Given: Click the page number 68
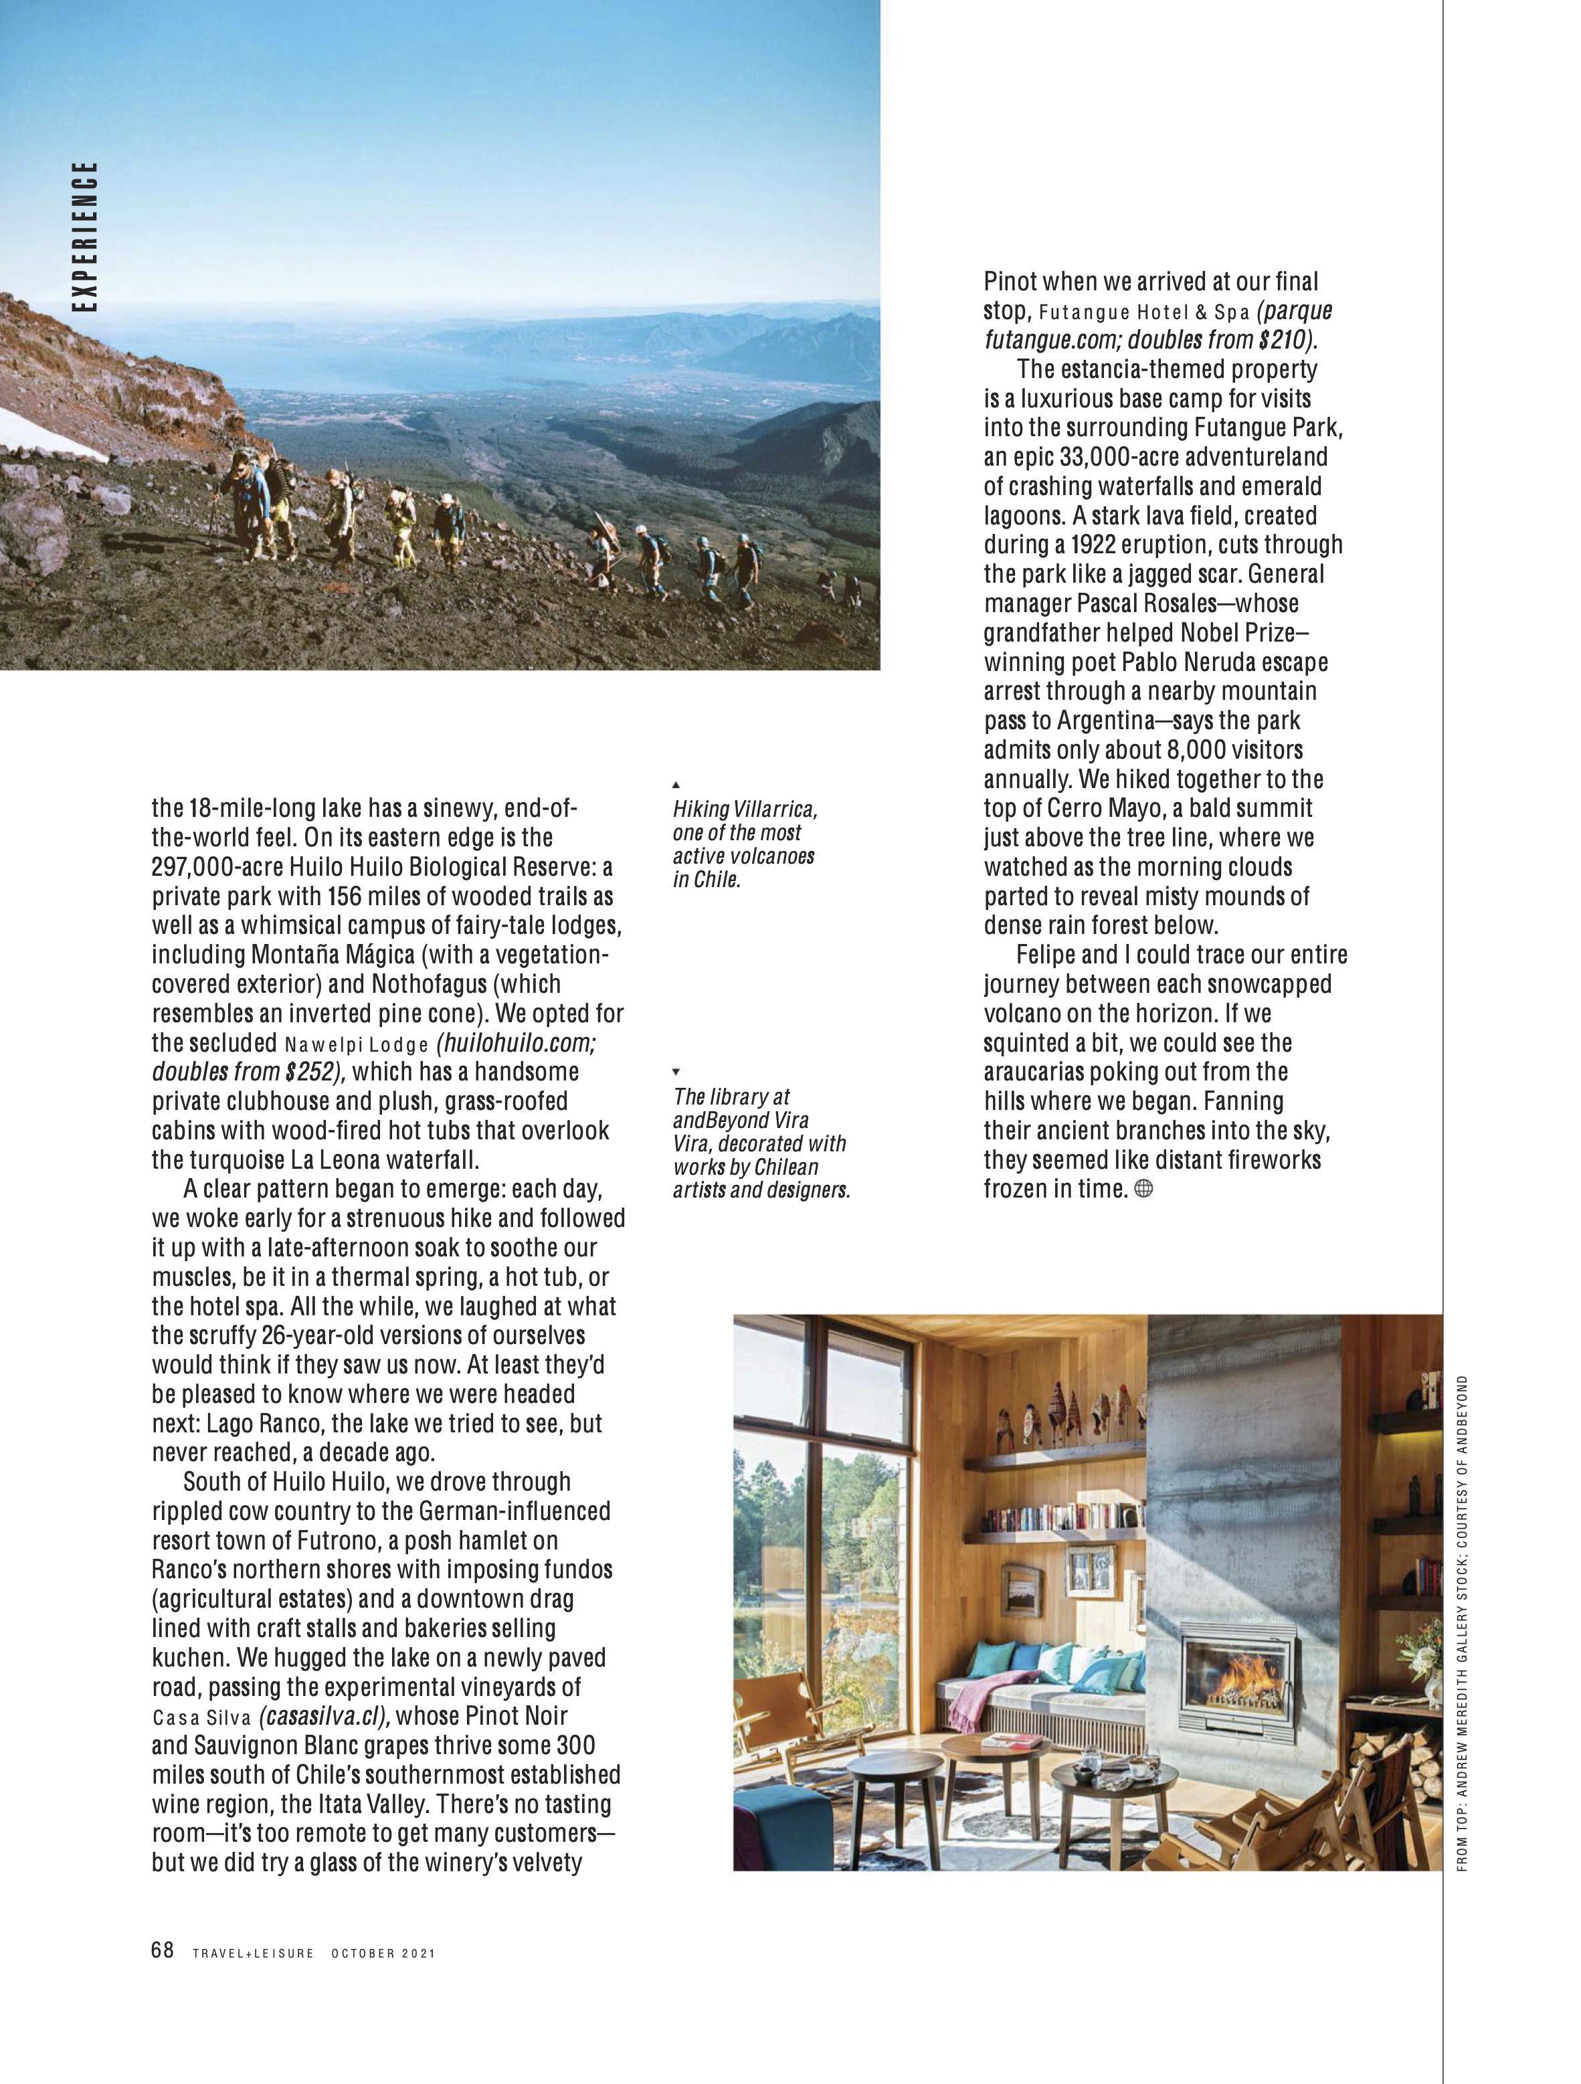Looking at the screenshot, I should [x=162, y=1950].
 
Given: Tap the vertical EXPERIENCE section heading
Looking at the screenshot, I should [x=87, y=238].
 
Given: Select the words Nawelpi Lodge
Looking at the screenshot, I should [x=356, y=1045].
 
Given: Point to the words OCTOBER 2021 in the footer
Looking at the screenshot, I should [x=383, y=1953].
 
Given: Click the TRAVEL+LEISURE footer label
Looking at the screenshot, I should [x=252, y=1953].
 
